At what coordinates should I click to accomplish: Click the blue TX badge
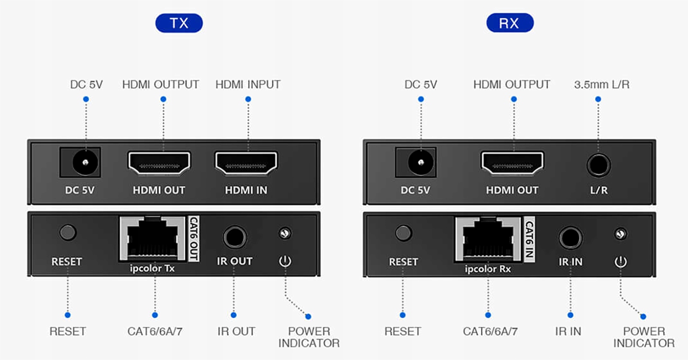[179, 23]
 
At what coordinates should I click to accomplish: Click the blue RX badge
[509, 23]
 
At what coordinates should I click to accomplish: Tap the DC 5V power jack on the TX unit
[85, 163]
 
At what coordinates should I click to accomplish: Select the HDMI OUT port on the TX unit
[159, 163]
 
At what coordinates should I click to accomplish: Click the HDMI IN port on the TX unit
[246, 163]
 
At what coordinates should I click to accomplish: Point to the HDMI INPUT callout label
[248, 84]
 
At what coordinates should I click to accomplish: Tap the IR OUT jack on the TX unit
[235, 237]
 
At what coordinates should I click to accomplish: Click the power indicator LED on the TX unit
[285, 233]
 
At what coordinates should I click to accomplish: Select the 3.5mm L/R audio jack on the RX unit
[598, 166]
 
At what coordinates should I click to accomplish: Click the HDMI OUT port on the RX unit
[512, 163]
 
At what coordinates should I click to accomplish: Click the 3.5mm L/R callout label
[602, 84]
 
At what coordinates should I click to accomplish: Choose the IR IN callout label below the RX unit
[568, 332]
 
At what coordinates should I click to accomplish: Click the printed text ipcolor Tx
[152, 268]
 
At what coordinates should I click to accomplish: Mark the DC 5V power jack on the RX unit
[420, 163]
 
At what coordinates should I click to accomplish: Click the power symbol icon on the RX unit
[620, 262]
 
